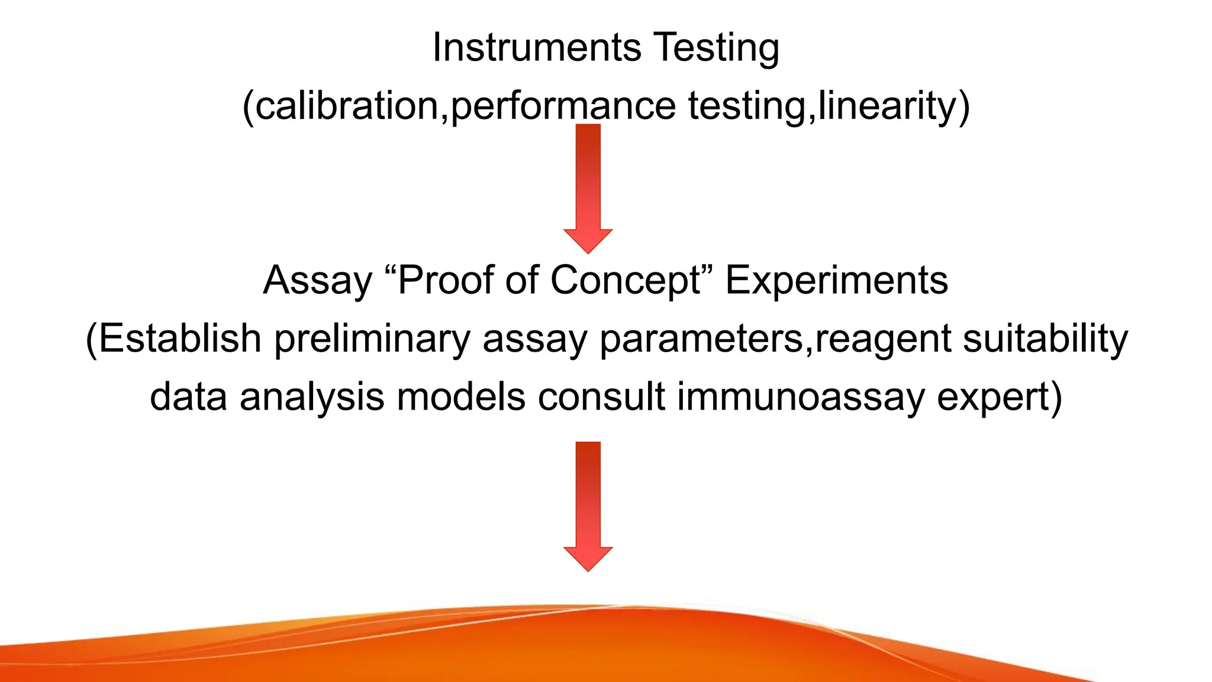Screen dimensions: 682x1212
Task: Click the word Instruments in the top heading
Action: click(536, 47)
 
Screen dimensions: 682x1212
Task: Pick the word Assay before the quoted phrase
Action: click(317, 280)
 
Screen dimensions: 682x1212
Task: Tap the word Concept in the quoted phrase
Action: click(625, 280)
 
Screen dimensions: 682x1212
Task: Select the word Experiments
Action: click(836, 280)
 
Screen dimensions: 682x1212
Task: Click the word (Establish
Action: click(173, 339)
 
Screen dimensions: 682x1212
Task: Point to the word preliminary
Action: click(372, 339)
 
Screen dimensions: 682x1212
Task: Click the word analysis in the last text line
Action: click(312, 397)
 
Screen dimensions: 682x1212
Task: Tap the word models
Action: click(460, 397)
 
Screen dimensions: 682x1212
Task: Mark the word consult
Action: click(601, 397)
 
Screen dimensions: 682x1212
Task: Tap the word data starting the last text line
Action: click(188, 397)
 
